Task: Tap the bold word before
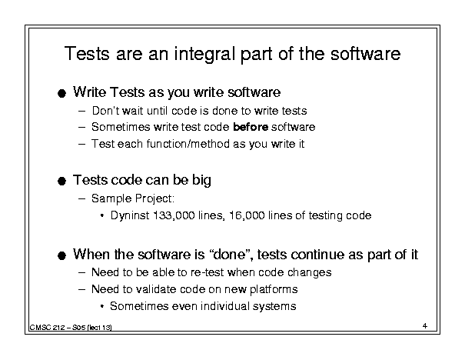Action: coord(251,127)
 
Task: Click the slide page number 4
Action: coord(425,326)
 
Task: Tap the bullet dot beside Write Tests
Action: coord(61,94)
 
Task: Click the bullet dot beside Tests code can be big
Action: coord(61,181)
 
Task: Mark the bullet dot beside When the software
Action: coord(61,255)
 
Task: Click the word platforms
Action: coord(274,289)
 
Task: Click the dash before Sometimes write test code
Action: coord(81,128)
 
